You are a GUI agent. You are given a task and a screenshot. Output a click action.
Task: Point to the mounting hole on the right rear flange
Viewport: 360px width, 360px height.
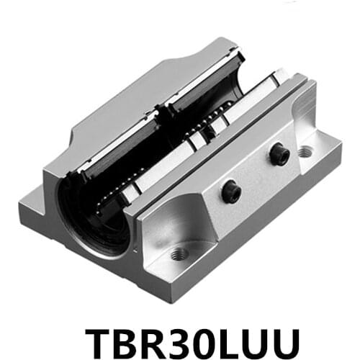[x=305, y=152]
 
